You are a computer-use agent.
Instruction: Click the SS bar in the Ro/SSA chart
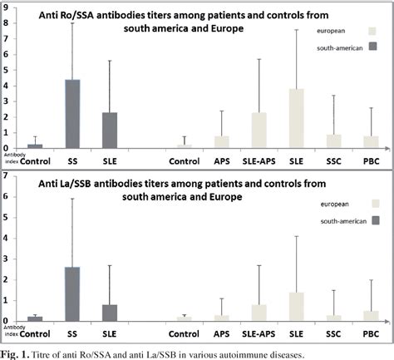(73, 114)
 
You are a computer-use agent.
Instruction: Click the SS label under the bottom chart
(72, 331)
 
